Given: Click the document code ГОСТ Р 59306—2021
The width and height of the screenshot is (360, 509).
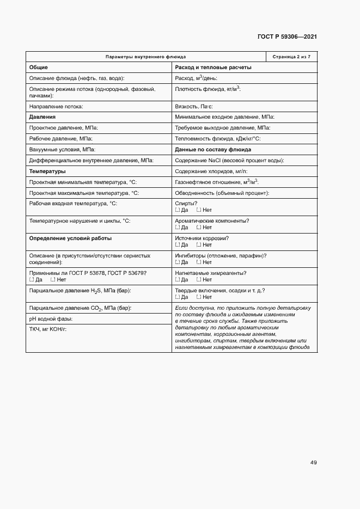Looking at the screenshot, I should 286,36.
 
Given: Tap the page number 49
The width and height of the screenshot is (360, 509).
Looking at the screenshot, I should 313,463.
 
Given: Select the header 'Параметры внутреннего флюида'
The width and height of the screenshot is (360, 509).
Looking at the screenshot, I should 145,57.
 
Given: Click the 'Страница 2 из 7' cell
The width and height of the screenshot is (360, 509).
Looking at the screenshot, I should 291,57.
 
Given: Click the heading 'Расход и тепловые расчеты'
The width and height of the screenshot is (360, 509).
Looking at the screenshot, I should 213,68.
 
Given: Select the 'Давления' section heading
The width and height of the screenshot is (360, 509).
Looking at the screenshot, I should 42,117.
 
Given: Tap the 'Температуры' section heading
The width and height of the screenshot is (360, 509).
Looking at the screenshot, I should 47,171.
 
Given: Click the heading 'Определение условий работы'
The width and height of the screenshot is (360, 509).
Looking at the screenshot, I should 70,238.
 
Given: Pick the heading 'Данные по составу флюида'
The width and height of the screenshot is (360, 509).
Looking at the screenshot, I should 213,149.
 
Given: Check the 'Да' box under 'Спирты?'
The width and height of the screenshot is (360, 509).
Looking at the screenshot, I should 178,210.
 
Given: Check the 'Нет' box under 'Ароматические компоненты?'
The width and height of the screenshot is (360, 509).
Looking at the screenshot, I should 199,228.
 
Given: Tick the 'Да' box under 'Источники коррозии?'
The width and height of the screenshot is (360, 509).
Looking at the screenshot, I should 178,245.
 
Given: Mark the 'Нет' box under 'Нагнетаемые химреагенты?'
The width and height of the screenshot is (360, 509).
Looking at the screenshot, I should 199,280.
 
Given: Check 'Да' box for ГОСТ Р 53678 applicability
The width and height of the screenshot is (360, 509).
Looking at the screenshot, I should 32,280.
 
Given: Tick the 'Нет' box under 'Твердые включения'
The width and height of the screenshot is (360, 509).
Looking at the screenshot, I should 199,297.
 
